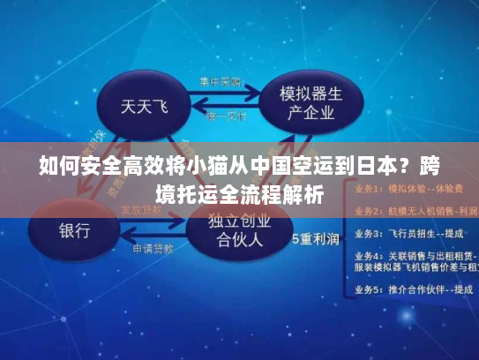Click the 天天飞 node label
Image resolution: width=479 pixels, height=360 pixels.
[x=144, y=109]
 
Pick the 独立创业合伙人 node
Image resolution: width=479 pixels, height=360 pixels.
[x=237, y=229]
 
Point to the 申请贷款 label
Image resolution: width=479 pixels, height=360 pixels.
[x=152, y=249]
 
